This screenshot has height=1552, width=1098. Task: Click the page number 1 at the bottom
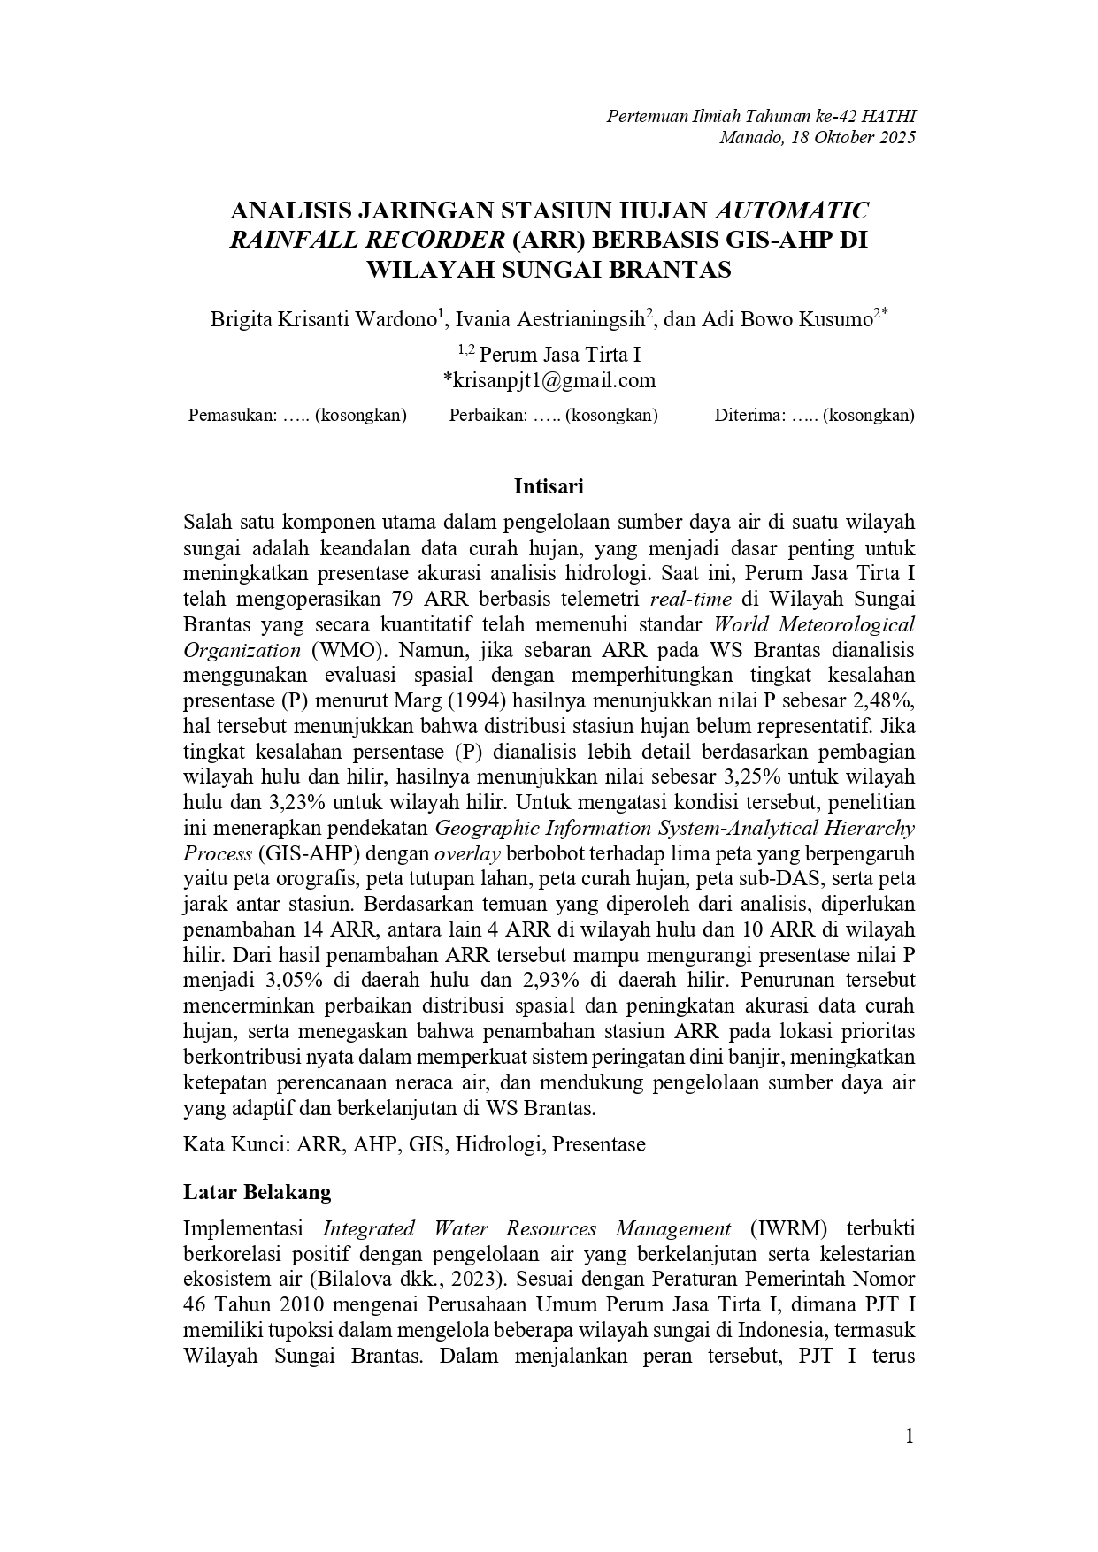(909, 1437)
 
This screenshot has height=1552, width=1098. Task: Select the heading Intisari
(549, 486)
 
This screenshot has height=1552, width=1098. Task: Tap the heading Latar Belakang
(257, 1191)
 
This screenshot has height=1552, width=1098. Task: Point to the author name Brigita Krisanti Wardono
(324, 319)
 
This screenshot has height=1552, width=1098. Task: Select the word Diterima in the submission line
(749, 415)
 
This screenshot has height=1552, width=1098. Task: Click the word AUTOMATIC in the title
(791, 210)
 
